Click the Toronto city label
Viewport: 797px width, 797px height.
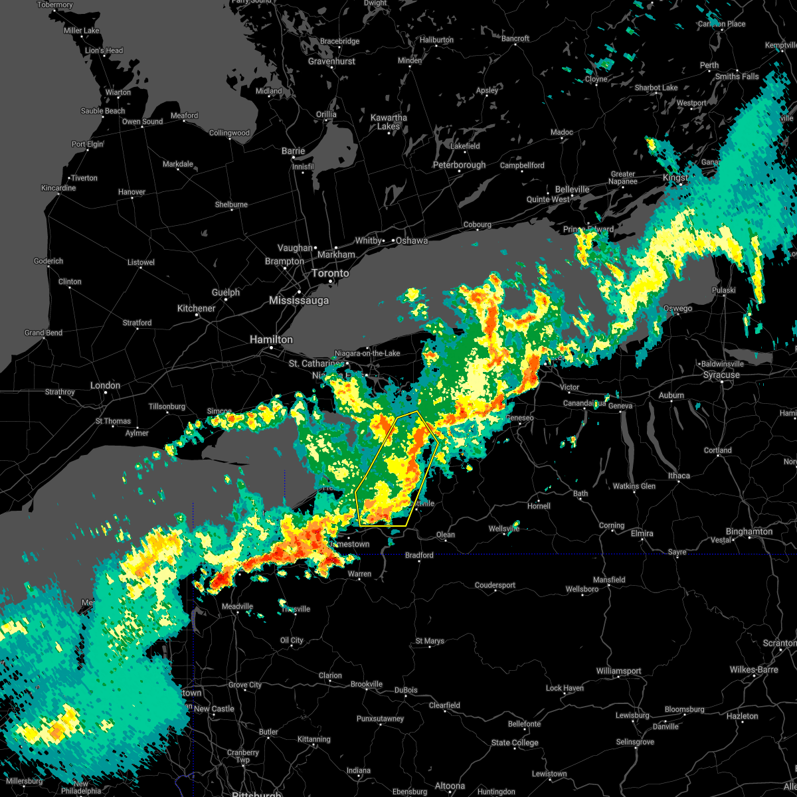coord(330,274)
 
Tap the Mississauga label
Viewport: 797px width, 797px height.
coord(299,301)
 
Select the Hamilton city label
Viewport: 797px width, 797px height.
coord(271,339)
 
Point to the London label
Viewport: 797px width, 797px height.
coord(106,385)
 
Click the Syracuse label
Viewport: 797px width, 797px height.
coord(721,375)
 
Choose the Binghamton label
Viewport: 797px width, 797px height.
coord(749,531)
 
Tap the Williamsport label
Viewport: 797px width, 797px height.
coord(618,671)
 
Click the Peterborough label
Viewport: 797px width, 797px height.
coord(460,165)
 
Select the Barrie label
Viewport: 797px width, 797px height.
coord(293,151)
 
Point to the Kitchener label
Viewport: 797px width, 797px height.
coord(196,308)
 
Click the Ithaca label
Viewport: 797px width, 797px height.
coord(679,476)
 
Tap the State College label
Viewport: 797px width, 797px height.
coord(515,743)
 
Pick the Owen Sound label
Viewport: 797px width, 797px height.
coord(142,122)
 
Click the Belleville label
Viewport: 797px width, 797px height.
coord(572,189)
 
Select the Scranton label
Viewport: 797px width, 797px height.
coord(779,644)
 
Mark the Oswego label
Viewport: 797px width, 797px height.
coord(677,308)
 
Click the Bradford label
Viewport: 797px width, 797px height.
coord(419,555)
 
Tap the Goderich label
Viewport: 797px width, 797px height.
coord(48,261)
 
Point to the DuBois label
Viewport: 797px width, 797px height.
coord(406,690)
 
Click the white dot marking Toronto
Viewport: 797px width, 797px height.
coord(331,282)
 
